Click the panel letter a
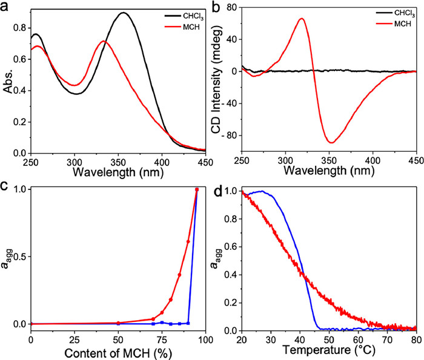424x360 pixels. coord(6,6)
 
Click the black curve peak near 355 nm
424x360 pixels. coord(124,13)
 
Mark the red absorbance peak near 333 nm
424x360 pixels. coord(104,41)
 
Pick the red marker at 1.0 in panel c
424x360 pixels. coord(196,189)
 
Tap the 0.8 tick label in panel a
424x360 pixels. coord(23,28)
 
